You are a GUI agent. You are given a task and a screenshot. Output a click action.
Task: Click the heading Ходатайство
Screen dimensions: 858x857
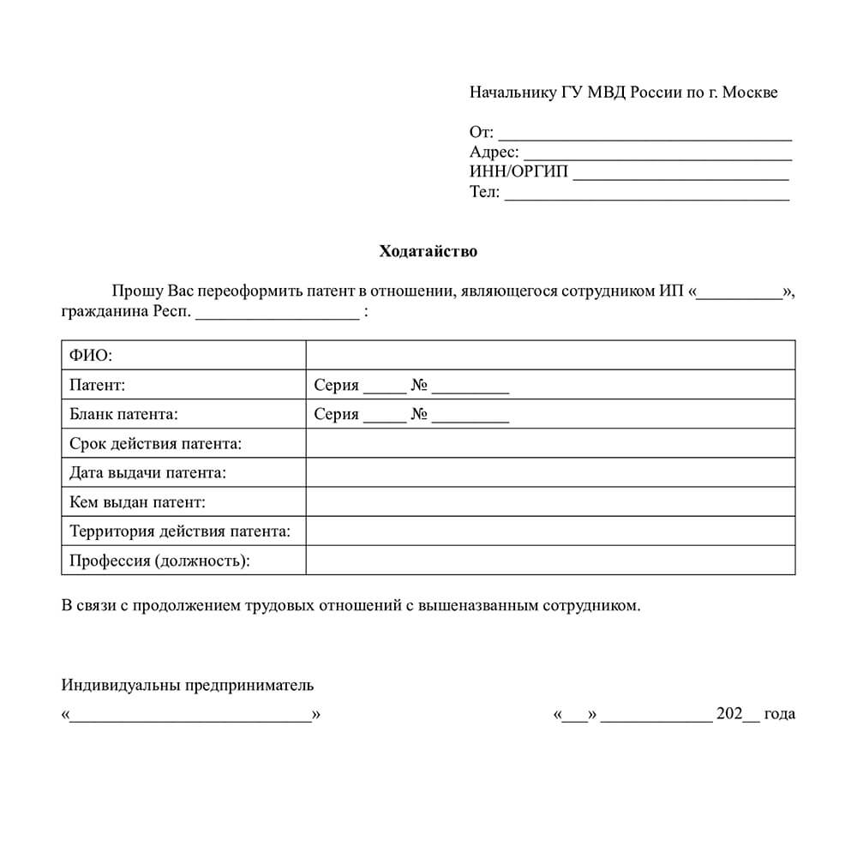click(x=428, y=252)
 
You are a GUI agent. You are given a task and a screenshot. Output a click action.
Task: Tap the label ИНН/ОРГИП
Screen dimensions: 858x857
click(x=518, y=172)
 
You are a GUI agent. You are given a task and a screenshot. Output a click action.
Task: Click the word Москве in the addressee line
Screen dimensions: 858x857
click(x=750, y=93)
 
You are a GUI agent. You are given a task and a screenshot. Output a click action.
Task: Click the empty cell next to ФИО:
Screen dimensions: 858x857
click(x=550, y=355)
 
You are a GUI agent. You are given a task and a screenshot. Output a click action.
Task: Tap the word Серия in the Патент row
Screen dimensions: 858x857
click(x=336, y=385)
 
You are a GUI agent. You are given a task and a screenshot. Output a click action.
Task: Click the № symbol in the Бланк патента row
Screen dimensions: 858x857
click(x=419, y=415)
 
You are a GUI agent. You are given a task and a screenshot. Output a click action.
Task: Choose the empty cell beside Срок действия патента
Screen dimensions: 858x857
click(x=550, y=444)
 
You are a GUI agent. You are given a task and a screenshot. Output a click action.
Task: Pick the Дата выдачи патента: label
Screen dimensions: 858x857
click(x=148, y=473)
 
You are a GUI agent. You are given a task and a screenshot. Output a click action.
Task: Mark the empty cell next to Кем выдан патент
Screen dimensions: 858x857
click(x=550, y=502)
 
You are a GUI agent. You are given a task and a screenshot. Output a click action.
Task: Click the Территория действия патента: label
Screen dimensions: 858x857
click(x=180, y=531)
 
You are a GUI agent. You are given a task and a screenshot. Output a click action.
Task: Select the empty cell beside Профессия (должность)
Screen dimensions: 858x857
click(x=550, y=561)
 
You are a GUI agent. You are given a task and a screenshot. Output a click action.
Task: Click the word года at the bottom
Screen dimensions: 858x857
click(x=779, y=713)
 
